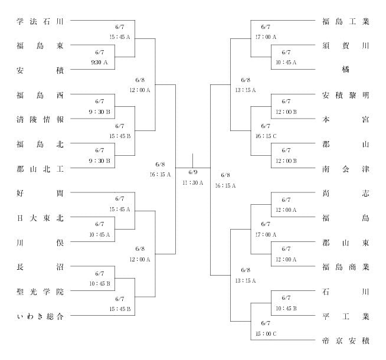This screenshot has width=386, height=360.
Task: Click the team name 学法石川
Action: tap(40, 21)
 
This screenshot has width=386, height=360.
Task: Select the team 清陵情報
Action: tap(40, 119)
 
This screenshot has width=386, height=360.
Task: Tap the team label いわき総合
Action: tap(40, 316)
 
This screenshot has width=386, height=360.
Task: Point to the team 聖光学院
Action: tap(40, 292)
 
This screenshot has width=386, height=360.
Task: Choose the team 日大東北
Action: tap(40, 218)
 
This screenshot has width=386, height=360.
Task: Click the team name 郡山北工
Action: tap(40, 169)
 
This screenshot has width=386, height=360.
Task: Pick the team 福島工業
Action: tap(346, 21)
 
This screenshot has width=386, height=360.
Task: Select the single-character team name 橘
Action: tap(346, 70)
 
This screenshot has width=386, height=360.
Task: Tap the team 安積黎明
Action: tap(346, 95)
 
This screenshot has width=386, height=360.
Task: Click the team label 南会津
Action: tap(346, 169)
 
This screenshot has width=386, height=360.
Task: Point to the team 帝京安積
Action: tap(346, 341)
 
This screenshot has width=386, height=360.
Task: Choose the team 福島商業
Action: tap(346, 267)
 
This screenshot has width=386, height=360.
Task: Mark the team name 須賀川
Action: tap(346, 46)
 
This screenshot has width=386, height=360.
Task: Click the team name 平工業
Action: tap(346, 316)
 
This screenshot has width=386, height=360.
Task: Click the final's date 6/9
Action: tap(193, 172)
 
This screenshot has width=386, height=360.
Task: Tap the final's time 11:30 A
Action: tap(193, 183)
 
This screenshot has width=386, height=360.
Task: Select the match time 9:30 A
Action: tap(100, 62)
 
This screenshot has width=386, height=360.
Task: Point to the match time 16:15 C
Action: tap(266, 136)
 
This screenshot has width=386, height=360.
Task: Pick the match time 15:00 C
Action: tap(266, 333)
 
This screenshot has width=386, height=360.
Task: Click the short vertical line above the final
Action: tap(192, 161)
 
